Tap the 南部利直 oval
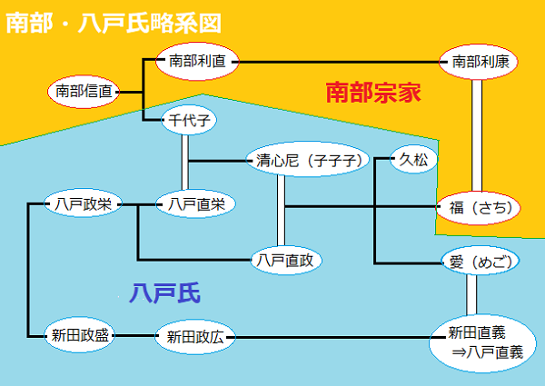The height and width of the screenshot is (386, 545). pos(196,61)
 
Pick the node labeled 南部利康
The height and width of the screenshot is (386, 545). pos(473,62)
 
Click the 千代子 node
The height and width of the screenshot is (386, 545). pos(188,121)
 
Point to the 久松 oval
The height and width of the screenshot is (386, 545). pos(414,161)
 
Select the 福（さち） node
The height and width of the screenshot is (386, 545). pos(480,207)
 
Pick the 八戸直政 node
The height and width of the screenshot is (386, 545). pos(285,261)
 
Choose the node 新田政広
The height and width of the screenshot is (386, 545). pos(196,336)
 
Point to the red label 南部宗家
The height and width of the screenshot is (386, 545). pos(376,93)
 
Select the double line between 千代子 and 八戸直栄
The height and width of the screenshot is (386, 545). pos(186,162)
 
